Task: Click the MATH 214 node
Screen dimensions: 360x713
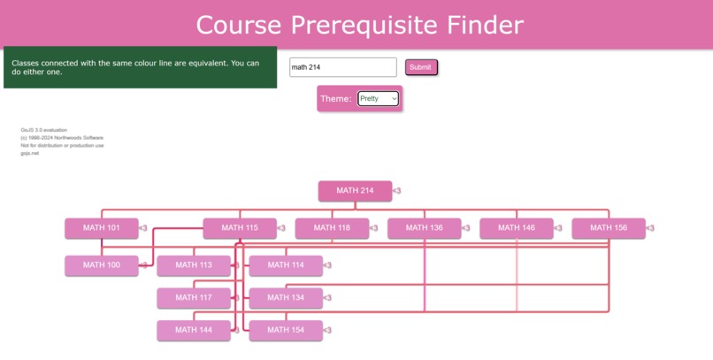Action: click(x=355, y=190)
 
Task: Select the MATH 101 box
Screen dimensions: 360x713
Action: click(x=101, y=228)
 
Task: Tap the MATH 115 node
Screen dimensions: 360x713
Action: click(x=240, y=228)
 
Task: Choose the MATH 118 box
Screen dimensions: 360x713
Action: click(x=332, y=228)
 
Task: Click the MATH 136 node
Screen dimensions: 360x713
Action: click(x=424, y=228)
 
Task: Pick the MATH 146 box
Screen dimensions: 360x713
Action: click(x=516, y=228)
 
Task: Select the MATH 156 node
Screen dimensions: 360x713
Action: click(x=608, y=228)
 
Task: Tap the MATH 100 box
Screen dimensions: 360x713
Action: click(x=101, y=265)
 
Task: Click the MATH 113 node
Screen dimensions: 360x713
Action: click(x=193, y=265)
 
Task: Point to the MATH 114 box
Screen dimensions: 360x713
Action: click(x=285, y=265)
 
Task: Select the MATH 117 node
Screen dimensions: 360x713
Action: click(x=193, y=298)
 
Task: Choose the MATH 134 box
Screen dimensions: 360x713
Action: click(x=285, y=298)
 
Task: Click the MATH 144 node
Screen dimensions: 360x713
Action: click(x=193, y=331)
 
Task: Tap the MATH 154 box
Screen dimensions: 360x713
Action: click(x=285, y=331)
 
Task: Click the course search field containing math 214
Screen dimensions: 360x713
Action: click(x=342, y=67)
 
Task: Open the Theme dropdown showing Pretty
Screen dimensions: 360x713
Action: click(x=379, y=99)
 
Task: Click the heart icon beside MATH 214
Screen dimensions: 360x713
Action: click(x=397, y=190)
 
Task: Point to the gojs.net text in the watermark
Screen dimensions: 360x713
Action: click(x=30, y=153)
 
